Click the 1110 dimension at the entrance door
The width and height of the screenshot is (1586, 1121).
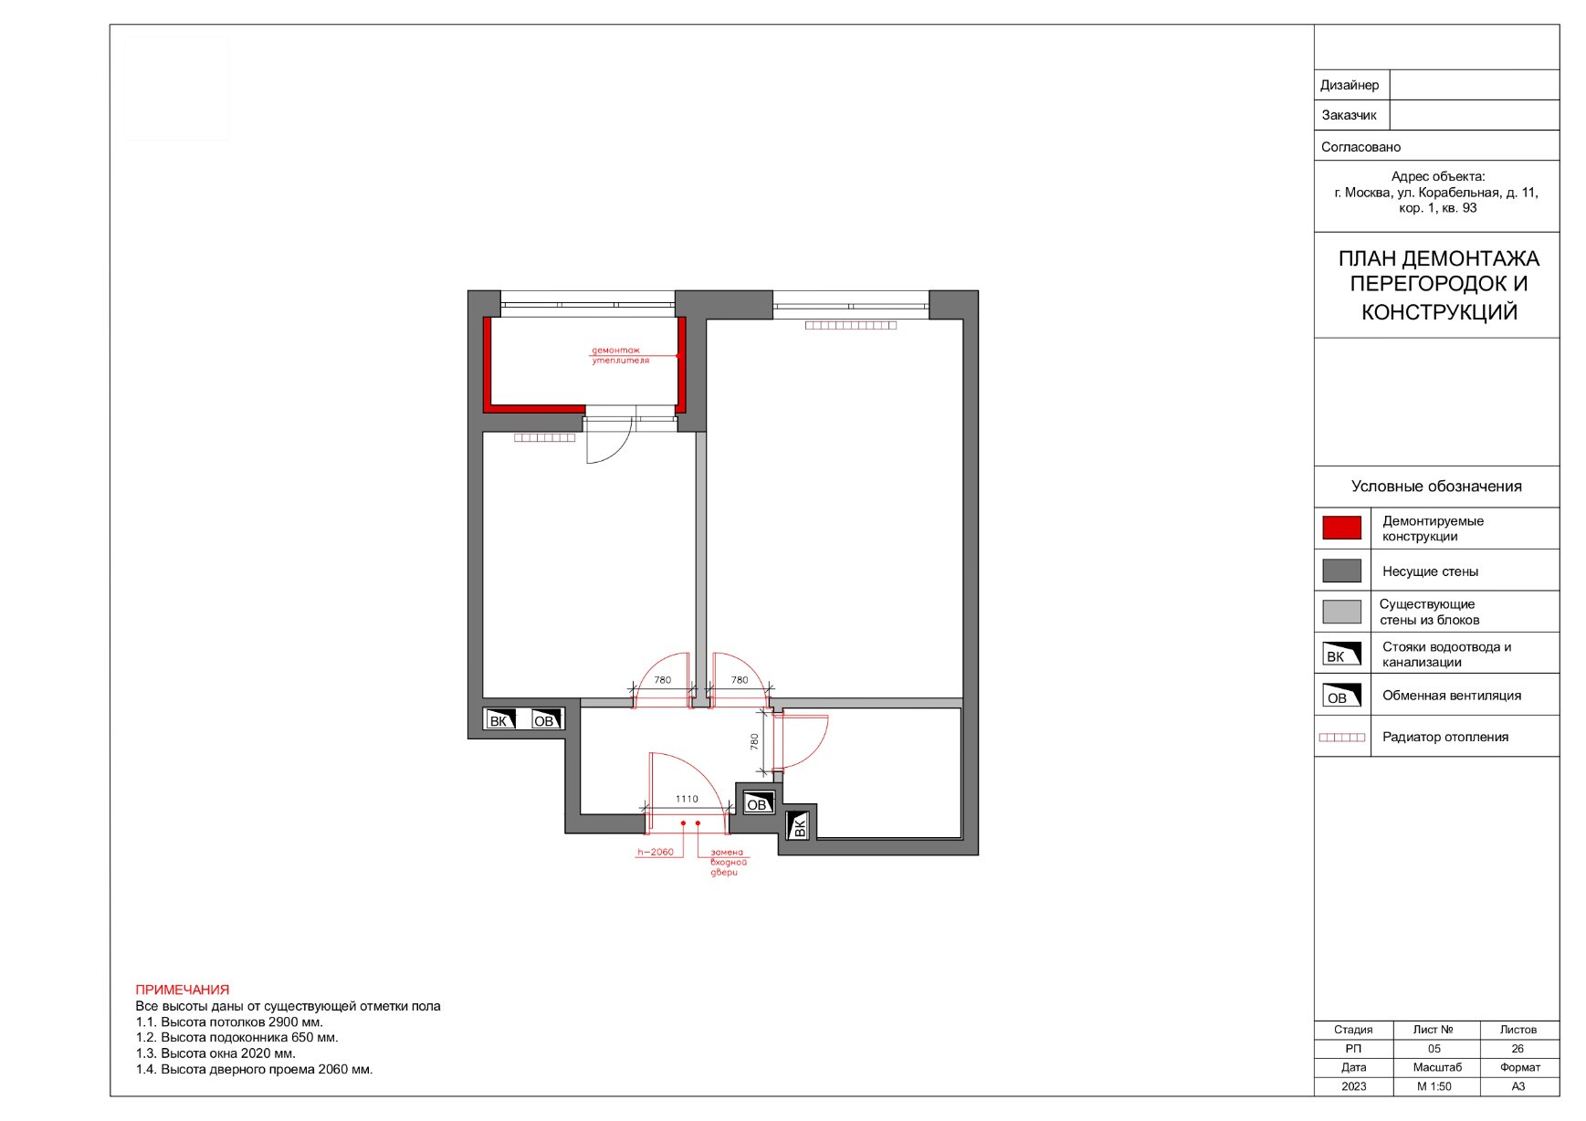(x=687, y=799)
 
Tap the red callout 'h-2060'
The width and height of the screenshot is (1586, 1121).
(x=656, y=853)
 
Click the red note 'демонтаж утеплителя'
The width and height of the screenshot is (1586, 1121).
(x=620, y=355)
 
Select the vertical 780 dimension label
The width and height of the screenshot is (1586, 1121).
(x=755, y=742)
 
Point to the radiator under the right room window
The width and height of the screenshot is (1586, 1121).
(x=851, y=325)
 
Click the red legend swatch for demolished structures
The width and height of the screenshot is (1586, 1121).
(x=1341, y=528)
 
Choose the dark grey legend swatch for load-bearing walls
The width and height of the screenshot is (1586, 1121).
(x=1341, y=571)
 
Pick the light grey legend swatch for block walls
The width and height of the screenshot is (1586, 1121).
(x=1341, y=612)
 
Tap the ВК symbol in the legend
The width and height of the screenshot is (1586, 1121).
(x=1341, y=654)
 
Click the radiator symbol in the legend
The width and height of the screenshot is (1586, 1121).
(x=1342, y=738)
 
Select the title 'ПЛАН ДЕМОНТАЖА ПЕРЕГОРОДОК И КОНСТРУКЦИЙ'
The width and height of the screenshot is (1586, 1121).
(x=1439, y=285)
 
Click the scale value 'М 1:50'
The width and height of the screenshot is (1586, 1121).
(x=1434, y=1086)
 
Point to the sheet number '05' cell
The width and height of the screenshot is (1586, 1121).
(x=1434, y=1049)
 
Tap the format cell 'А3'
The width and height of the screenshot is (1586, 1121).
(x=1518, y=1086)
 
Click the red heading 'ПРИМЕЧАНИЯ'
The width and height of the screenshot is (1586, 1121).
(x=183, y=990)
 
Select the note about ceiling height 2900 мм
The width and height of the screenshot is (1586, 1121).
(x=229, y=1021)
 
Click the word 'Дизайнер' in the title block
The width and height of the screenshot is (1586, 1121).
(x=1350, y=85)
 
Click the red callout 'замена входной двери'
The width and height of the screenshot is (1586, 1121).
(x=729, y=862)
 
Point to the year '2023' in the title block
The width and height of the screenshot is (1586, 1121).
(x=1354, y=1086)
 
